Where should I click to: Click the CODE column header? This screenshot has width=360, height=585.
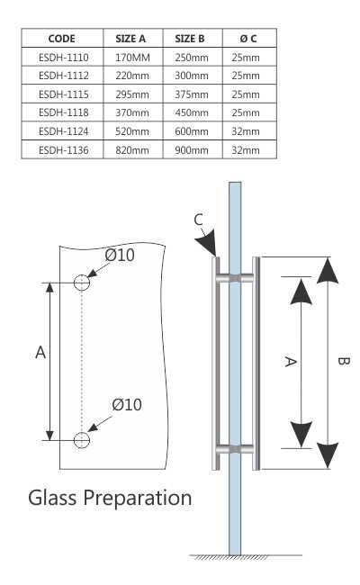tap(62, 39)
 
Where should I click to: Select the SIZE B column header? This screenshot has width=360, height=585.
tap(190, 39)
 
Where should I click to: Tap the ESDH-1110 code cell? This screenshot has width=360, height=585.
tap(62, 57)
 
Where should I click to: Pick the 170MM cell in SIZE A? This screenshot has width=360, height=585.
tap(132, 57)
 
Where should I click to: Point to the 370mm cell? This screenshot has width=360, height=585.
tap(132, 112)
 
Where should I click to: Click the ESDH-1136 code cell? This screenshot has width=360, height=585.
tap(62, 150)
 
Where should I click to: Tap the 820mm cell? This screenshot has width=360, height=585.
tap(132, 150)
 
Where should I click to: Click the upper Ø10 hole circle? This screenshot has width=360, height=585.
tap(82, 283)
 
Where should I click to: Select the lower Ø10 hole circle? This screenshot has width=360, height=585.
tap(82, 440)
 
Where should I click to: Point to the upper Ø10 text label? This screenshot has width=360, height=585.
tap(119, 256)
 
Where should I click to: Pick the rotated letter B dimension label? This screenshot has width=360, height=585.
tap(343, 362)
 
